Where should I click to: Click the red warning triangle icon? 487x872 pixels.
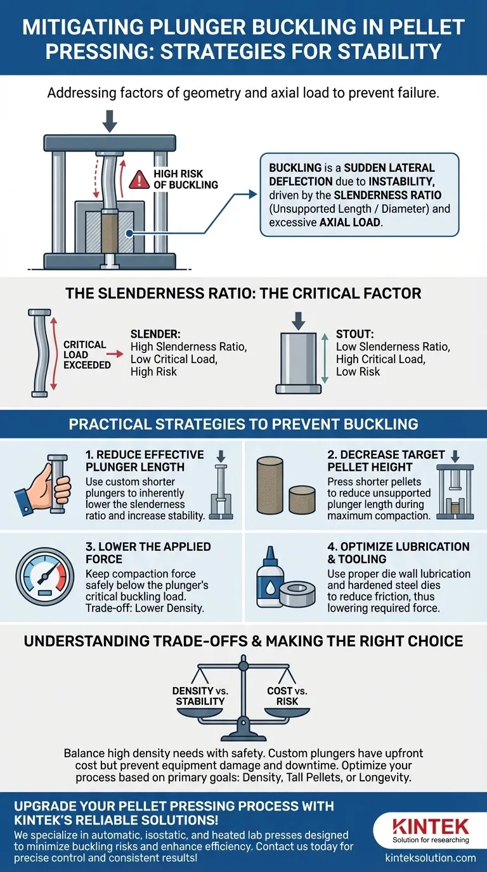pyautogui.click(x=139, y=180)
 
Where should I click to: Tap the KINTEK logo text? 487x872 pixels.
pyautogui.click(x=431, y=826)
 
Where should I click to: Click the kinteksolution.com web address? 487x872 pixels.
pyautogui.click(x=431, y=858)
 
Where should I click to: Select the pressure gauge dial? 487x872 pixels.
pyautogui.click(x=44, y=577)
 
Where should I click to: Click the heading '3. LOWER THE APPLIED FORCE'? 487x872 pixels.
pyautogui.click(x=148, y=553)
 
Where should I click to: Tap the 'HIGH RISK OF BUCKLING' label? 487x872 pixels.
pyautogui.click(x=185, y=179)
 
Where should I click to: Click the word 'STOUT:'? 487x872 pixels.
pyautogui.click(x=355, y=334)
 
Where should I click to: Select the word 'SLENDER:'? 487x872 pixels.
pyautogui.click(x=155, y=334)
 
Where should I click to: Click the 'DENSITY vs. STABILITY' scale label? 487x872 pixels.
pyautogui.click(x=200, y=696)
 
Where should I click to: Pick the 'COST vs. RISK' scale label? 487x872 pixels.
pyautogui.click(x=287, y=696)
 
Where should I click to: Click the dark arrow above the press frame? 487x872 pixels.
pyautogui.click(x=110, y=121)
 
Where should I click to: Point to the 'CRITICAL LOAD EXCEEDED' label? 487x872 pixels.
pyautogui.click(x=87, y=355)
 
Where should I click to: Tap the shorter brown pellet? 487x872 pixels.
pyautogui.click(x=302, y=499)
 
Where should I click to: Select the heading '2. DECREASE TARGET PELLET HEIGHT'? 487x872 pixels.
pyautogui.click(x=386, y=461)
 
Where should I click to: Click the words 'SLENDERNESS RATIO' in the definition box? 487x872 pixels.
pyautogui.click(x=387, y=195)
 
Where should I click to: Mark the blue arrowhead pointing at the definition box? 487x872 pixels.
pyautogui.click(x=253, y=194)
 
